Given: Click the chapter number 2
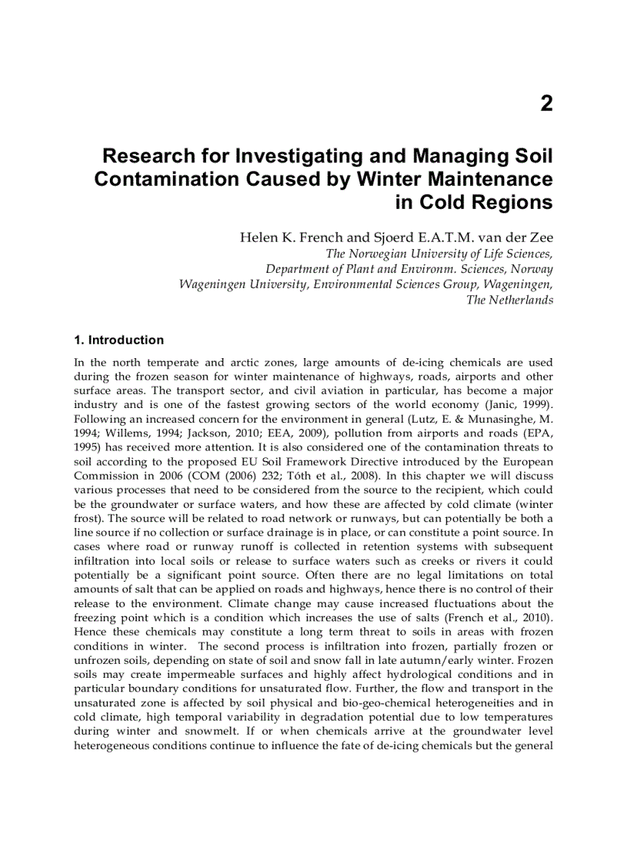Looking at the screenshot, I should pos(546,104).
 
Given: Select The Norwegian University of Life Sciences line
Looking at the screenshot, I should pos(439,254).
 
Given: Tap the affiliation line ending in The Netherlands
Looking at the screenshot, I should pos(509,300).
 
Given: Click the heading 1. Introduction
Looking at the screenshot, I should pos(118,340).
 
